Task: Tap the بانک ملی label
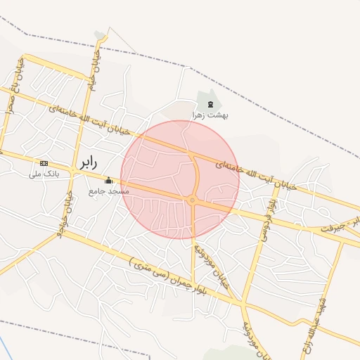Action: click(44, 173)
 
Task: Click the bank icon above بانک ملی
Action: click(44, 163)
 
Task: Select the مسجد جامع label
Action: click(109, 191)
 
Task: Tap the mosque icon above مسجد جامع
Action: click(108, 180)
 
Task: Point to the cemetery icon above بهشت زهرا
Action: click(210, 105)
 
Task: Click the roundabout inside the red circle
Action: click(192, 200)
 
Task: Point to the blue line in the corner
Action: click(4, 347)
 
